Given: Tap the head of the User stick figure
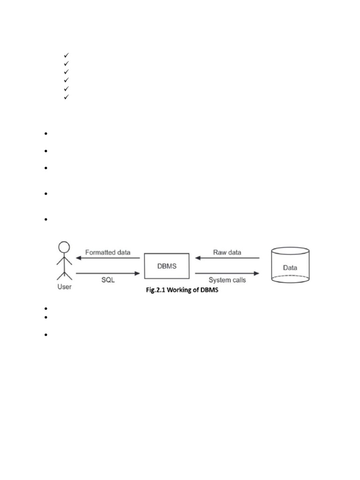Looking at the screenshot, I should pyautogui.click(x=64, y=247).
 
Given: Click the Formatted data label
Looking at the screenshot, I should pyautogui.click(x=108, y=252).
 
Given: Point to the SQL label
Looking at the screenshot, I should pyautogui.click(x=108, y=280).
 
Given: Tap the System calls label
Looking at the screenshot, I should pyautogui.click(x=227, y=280).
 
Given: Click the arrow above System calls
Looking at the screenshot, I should pyautogui.click(x=227, y=273).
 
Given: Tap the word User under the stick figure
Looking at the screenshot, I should pyautogui.click(x=64, y=286).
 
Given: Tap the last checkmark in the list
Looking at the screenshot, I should pyautogui.click(x=66, y=97).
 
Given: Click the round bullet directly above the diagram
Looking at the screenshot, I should pyautogui.click(x=47, y=219).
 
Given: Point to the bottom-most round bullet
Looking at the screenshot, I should pyautogui.click(x=47, y=335).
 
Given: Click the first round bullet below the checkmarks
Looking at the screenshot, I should pyautogui.click(x=47, y=134).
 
